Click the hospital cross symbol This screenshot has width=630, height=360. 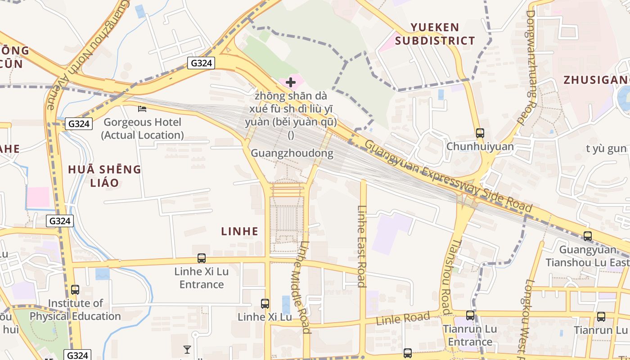click(x=291, y=82)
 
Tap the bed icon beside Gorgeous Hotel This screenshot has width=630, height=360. click(x=142, y=109)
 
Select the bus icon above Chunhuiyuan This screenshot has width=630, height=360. click(x=480, y=133)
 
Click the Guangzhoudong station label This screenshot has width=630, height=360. click(x=292, y=153)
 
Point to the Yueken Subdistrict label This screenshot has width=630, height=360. click(x=435, y=34)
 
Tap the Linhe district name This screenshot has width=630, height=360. click(x=240, y=231)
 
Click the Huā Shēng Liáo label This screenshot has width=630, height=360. click(x=104, y=176)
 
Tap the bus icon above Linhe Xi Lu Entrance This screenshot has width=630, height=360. click(x=202, y=258)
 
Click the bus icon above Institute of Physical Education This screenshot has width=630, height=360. click(x=75, y=290)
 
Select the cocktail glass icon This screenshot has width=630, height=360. click(x=187, y=350)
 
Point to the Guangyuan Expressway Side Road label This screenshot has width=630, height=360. click(x=448, y=176)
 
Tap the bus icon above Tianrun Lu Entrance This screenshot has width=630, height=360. click(x=470, y=315)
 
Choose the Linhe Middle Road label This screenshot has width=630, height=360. click(x=300, y=288)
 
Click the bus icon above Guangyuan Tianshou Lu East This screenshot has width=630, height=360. click(x=587, y=236)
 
